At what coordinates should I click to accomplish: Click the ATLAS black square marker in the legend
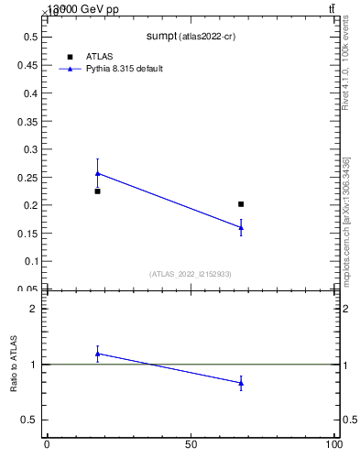click(x=70, y=57)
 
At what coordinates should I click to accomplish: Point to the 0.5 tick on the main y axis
click(x=30, y=37)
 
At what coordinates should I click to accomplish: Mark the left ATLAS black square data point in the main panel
click(x=97, y=191)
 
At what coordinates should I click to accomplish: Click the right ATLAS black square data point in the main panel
click(x=241, y=204)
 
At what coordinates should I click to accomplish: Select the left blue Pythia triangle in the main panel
click(x=97, y=172)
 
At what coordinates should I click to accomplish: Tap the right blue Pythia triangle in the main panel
click(x=241, y=227)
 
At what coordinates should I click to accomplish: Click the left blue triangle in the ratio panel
click(x=97, y=354)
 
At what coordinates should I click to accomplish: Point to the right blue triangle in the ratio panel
click(x=241, y=383)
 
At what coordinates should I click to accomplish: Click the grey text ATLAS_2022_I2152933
click(x=191, y=274)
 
